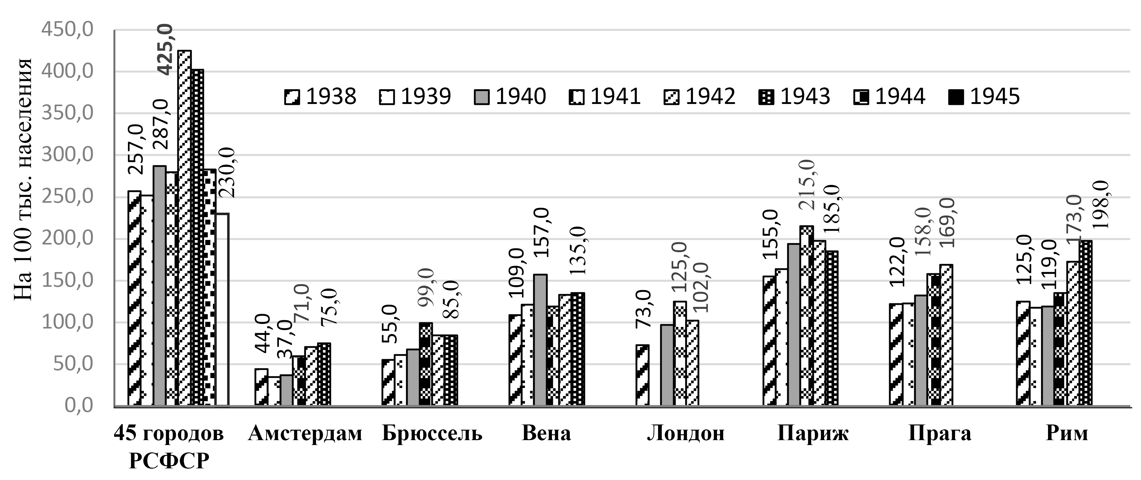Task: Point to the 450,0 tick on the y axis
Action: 67,30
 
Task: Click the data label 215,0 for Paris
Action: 806,185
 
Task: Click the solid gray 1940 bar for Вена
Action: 540,340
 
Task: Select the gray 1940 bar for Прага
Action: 921,350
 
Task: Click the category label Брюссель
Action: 432,433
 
